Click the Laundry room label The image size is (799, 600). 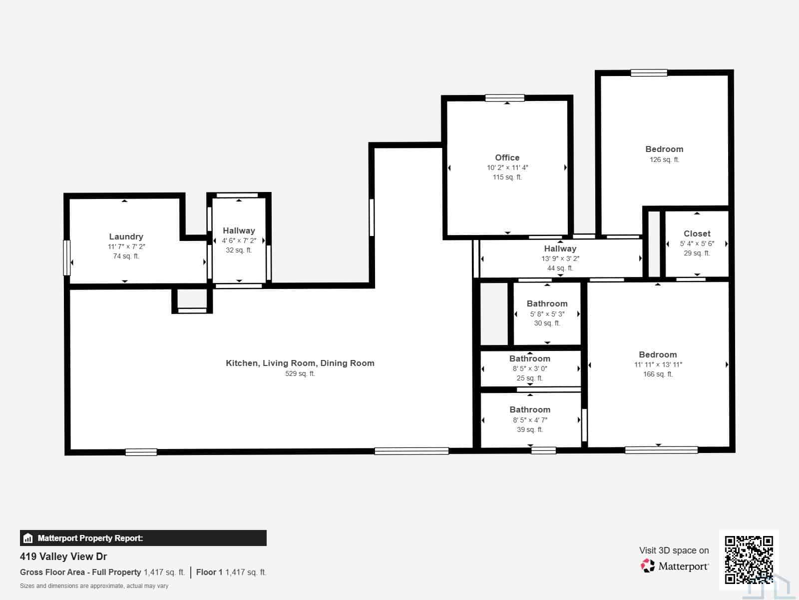tap(126, 236)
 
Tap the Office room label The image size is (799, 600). tap(507, 157)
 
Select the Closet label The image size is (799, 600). tap(697, 233)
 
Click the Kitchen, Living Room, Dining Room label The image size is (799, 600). tap(300, 363)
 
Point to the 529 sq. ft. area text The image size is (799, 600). tap(300, 373)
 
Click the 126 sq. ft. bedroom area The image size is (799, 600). tap(664, 159)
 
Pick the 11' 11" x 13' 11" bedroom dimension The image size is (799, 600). tap(658, 364)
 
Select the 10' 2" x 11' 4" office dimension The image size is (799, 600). tap(507, 167)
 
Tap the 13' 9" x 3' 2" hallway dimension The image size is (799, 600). tap(560, 258)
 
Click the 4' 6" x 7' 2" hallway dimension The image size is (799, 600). tap(239, 240)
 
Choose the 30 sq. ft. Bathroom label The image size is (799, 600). tap(547, 303)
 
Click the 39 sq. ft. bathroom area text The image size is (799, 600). tap(530, 429)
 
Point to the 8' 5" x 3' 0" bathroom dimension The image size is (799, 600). tap(530, 368)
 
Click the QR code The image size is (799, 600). tap(749, 559)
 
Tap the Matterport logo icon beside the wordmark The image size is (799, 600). tap(648, 566)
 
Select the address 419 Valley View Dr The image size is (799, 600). tap(63, 556)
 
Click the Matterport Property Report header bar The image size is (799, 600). tap(143, 537)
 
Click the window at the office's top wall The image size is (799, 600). tap(504, 97)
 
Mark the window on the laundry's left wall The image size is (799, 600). tap(66, 257)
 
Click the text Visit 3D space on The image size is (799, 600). tap(674, 550)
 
